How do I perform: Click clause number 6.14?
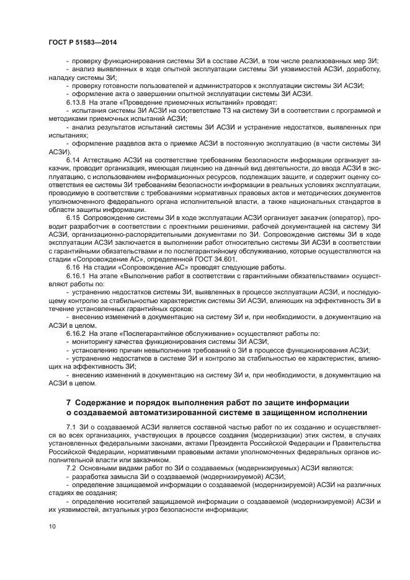click(x=73, y=159)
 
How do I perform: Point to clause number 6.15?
click(x=73, y=219)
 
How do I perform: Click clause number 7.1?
click(x=71, y=427)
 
